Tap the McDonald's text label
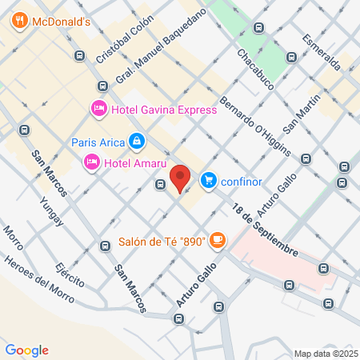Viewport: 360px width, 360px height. point(60,22)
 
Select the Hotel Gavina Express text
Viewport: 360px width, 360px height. point(164,110)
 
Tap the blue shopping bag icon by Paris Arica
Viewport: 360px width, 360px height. point(137,142)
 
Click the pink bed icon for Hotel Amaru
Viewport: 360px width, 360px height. point(91,163)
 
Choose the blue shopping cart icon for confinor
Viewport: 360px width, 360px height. point(209,179)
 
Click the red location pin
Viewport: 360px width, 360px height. point(181,178)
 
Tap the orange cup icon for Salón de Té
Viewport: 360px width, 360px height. point(218,240)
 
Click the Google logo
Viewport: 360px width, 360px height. point(26,350)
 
